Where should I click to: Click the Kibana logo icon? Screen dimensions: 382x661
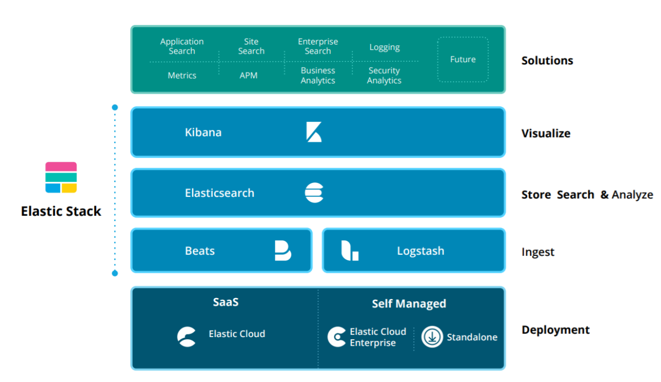coord(314,132)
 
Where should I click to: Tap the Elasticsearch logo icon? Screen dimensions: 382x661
coord(314,193)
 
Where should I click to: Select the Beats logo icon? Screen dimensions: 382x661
coord(283,251)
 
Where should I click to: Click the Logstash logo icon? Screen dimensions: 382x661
coord(350,251)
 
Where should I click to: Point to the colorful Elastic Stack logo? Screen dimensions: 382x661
coord(61,177)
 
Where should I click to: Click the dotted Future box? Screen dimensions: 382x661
coord(463,60)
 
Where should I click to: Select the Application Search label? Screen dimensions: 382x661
coord(182,47)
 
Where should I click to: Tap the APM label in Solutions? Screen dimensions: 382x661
coord(248,76)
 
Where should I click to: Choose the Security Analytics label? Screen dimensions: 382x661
coord(384,76)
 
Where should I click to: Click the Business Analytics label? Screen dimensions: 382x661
coord(318,76)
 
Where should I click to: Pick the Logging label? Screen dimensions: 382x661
coord(384,48)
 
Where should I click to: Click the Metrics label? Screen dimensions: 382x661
coord(182,76)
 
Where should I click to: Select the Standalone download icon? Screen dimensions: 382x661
coord(432,337)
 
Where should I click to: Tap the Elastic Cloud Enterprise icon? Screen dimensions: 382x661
coord(337,337)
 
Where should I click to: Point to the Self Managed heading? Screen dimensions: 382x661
coord(409,304)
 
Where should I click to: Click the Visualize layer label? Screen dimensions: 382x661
coord(546,134)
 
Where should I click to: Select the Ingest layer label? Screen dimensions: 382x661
coord(538,252)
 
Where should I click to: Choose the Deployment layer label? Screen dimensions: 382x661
coord(555,330)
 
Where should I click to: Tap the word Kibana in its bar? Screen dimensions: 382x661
coord(203,133)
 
